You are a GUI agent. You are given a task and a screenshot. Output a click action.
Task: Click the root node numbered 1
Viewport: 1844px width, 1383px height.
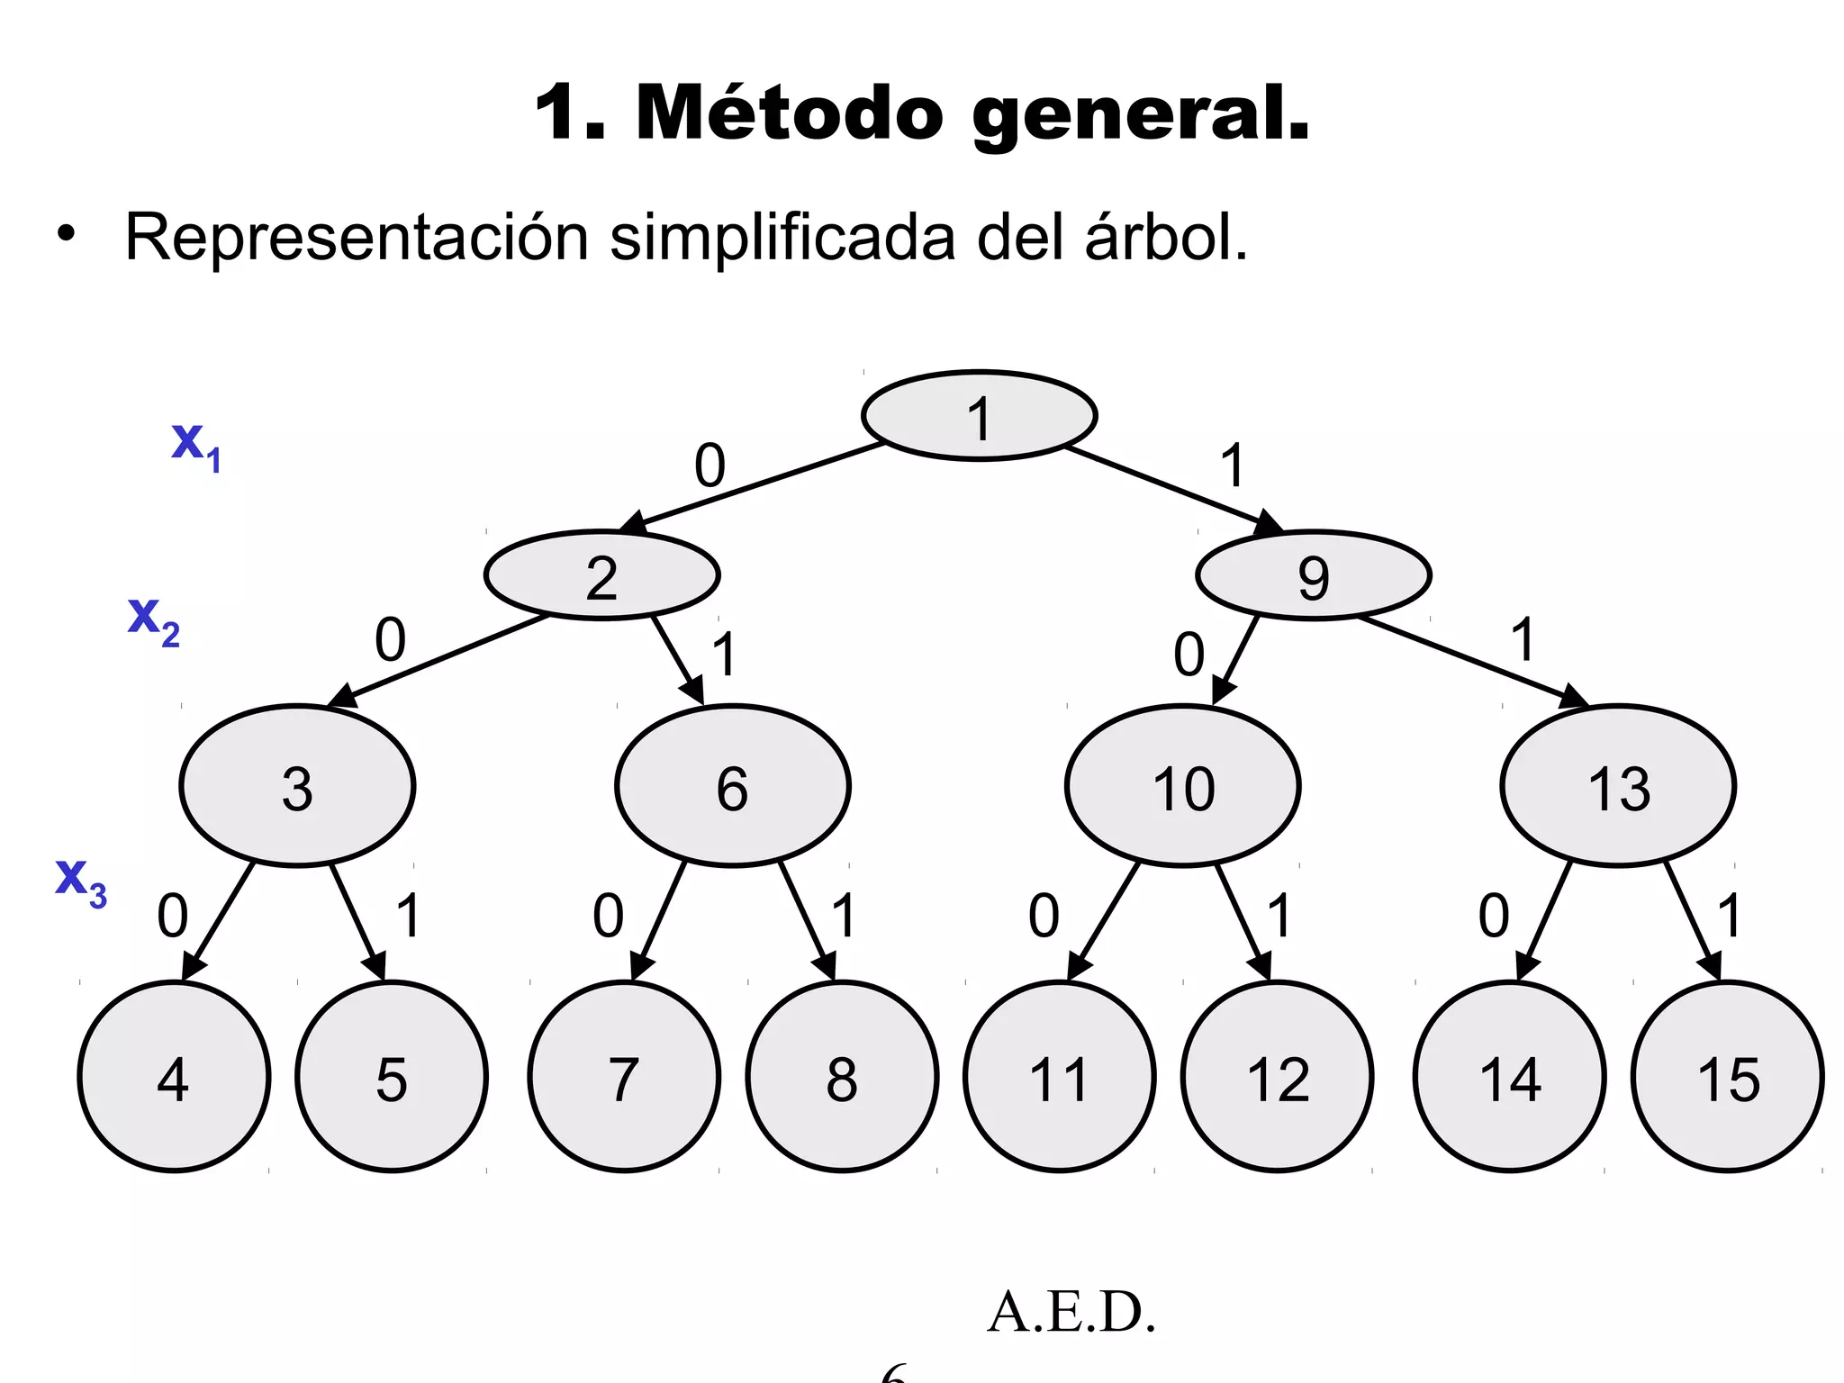tap(979, 416)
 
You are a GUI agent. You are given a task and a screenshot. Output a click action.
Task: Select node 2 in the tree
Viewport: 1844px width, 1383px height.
tap(601, 576)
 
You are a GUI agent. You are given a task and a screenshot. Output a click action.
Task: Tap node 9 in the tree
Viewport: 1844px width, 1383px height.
tap(1313, 576)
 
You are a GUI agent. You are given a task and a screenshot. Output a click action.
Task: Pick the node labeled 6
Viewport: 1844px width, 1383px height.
tap(732, 787)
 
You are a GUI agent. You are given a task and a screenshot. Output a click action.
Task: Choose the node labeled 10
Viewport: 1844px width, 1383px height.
tap(1182, 787)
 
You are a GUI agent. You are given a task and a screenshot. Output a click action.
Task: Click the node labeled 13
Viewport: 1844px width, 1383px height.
tap(1617, 787)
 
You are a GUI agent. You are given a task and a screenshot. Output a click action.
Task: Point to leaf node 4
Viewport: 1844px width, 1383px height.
tap(174, 1077)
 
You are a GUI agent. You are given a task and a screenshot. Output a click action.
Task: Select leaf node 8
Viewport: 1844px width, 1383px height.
tap(842, 1077)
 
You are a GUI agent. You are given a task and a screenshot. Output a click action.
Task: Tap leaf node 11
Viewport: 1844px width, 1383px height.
tap(1059, 1077)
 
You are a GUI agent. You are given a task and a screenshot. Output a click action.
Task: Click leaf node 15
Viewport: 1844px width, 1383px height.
tap(1727, 1077)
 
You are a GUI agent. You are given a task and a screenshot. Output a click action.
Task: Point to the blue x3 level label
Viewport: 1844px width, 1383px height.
tap(80, 881)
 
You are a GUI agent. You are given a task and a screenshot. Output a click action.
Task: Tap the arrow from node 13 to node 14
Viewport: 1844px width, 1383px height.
tap(1546, 918)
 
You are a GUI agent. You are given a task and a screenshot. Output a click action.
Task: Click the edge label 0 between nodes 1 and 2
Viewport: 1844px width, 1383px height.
tap(710, 466)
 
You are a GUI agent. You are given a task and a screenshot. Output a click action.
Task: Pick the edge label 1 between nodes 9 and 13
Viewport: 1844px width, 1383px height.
tap(1522, 640)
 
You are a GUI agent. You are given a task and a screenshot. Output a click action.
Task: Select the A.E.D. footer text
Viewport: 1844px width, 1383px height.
tap(1071, 1312)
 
